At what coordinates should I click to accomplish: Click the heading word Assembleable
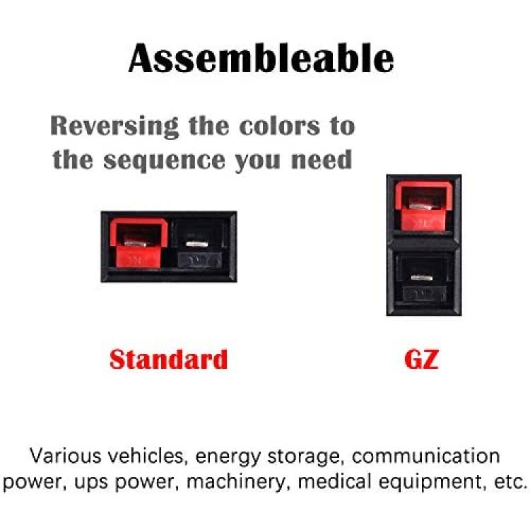(261, 59)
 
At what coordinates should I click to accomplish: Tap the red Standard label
(169, 360)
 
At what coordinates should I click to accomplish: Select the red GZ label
(421, 360)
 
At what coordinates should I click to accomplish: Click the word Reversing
(114, 126)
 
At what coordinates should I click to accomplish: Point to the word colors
(279, 126)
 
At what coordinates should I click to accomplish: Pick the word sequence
(164, 161)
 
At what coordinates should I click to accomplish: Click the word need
(322, 160)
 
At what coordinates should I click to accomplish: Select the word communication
(425, 456)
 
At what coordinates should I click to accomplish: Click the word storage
(304, 457)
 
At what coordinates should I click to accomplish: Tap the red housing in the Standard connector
(139, 243)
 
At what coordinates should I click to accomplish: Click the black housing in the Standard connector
(200, 244)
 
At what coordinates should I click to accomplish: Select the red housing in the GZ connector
(424, 206)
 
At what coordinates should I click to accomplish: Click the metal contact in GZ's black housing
(421, 278)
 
